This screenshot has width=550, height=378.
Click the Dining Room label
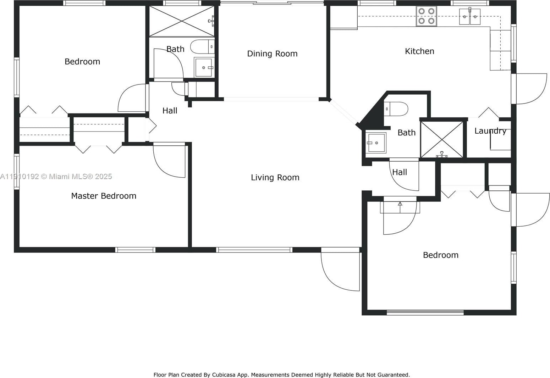coord(272,54)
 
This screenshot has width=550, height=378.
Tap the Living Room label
coord(275,177)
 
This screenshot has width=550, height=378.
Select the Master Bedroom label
coord(104,196)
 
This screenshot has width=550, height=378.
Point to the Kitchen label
coord(419,51)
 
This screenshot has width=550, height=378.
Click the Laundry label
coord(490,131)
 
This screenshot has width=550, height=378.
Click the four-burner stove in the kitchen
coord(426,16)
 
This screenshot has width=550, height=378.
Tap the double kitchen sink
coord(470,16)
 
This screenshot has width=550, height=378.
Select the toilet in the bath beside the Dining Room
coord(202,46)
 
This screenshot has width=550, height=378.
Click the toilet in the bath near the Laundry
coord(396,109)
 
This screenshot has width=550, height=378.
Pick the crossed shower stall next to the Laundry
coord(442,139)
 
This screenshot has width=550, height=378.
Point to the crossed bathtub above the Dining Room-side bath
coord(182,21)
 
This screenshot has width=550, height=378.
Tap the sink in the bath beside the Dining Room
coord(204,67)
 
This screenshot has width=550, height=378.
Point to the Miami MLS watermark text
coord(56,176)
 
